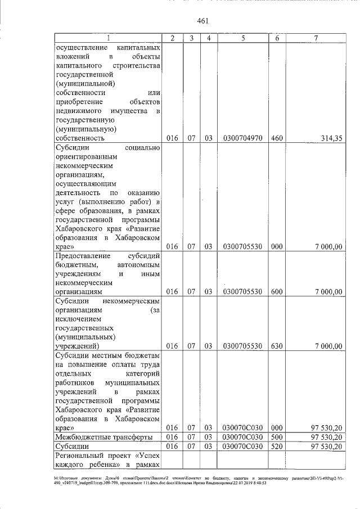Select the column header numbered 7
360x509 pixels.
point(316,38)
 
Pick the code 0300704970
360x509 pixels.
point(242,138)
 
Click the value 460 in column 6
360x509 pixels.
point(277,138)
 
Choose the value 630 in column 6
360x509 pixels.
point(277,346)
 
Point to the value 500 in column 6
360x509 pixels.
point(277,436)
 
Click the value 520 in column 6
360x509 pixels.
point(277,446)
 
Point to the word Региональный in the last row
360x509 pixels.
point(81,456)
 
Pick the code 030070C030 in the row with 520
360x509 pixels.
point(242,446)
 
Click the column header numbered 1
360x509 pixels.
point(107,38)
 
